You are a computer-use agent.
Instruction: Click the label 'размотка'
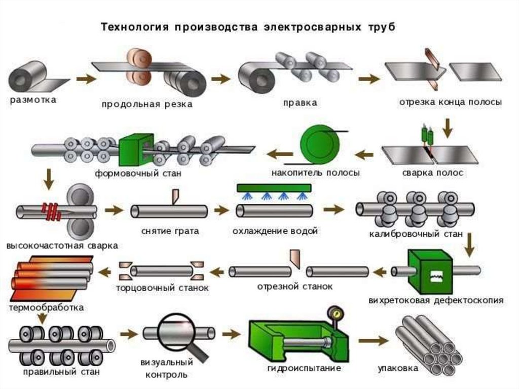(x=33, y=100)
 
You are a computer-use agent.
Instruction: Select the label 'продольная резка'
(x=147, y=104)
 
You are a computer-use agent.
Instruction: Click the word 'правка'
(x=300, y=103)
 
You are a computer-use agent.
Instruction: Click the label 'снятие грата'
(x=170, y=231)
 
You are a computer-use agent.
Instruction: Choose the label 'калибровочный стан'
(x=416, y=234)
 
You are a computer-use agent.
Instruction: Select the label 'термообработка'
(x=46, y=307)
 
